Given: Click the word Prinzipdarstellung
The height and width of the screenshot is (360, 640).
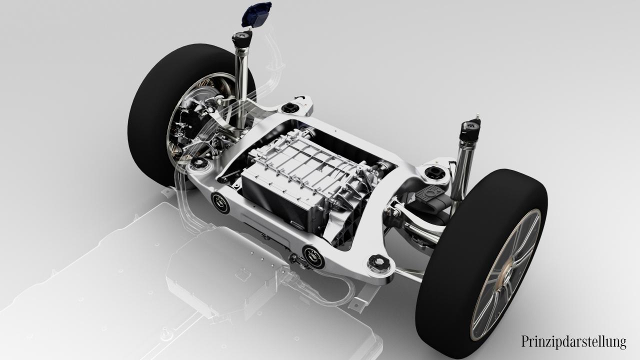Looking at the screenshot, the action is [573, 342].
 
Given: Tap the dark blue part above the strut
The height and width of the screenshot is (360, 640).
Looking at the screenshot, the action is [256, 15].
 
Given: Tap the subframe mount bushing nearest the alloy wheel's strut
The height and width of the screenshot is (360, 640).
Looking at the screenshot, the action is [434, 173].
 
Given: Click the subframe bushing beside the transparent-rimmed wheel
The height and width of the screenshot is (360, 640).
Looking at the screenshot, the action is [199, 163].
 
